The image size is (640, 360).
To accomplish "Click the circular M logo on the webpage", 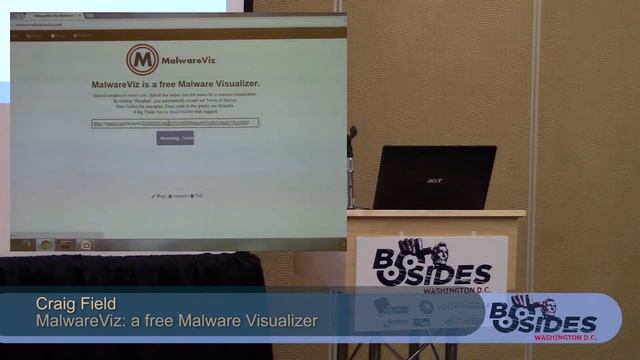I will (142, 59).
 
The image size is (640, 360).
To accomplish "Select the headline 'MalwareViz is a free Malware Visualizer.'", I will (175, 84).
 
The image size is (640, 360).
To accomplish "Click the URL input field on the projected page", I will (174, 123).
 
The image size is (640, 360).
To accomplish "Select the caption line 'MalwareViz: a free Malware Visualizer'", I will (176, 321).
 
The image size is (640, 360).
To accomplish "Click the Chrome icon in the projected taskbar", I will (45, 244).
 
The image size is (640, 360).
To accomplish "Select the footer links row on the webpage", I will (177, 196).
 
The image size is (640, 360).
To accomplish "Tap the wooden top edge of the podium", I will (436, 214).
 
